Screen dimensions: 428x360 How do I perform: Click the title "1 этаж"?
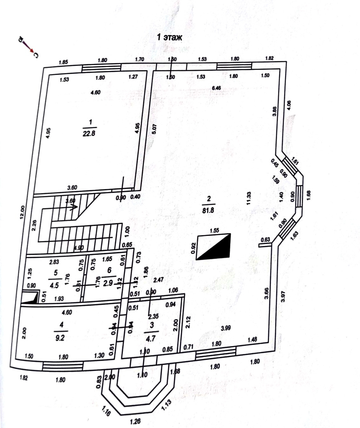pyautogui.click(x=170, y=37)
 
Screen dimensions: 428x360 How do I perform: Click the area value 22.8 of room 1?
pyautogui.click(x=89, y=134)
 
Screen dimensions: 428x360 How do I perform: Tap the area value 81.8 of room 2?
pyautogui.click(x=209, y=210)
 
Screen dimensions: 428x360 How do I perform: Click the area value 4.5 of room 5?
pyautogui.click(x=54, y=285)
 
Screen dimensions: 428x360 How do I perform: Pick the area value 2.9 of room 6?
pyautogui.click(x=108, y=283)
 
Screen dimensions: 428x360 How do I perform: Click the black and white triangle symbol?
pyautogui.click(x=214, y=247)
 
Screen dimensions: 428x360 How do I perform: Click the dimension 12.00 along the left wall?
pyautogui.click(x=22, y=213)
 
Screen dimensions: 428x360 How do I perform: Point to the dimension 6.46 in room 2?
pyautogui.click(x=216, y=88)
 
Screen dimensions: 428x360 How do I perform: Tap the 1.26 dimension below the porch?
pyautogui.click(x=135, y=422)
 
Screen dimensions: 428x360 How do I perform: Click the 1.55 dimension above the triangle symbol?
pyautogui.click(x=214, y=230)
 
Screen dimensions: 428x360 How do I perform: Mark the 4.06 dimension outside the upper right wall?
pyautogui.click(x=289, y=105)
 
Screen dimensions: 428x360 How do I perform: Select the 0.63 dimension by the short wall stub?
pyautogui.click(x=265, y=239)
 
